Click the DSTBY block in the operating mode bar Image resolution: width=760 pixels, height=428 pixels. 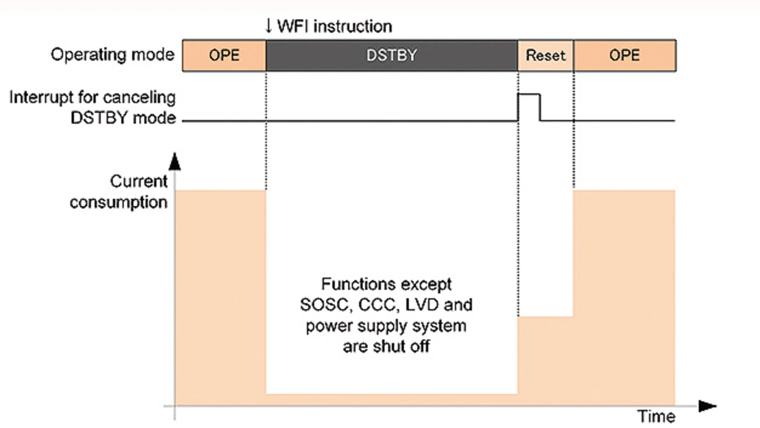coord(391,55)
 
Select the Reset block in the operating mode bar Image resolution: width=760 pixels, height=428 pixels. coord(546,55)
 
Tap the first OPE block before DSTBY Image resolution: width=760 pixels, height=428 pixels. coord(224,55)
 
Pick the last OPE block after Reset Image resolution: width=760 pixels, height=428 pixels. coord(625,55)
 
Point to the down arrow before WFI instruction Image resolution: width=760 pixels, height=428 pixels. coord(268,26)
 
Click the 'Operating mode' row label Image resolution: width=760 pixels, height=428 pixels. coord(112,55)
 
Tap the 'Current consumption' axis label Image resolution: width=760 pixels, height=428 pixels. coord(119,192)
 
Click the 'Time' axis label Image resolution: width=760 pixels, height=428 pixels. coord(656,417)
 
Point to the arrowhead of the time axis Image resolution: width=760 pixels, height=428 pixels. coord(708,407)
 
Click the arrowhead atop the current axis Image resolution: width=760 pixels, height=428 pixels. coord(174,161)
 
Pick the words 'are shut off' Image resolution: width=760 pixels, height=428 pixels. coord(387,346)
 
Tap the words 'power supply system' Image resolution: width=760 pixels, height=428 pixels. coord(387,326)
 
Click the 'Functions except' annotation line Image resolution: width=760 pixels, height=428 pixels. coord(387,284)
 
